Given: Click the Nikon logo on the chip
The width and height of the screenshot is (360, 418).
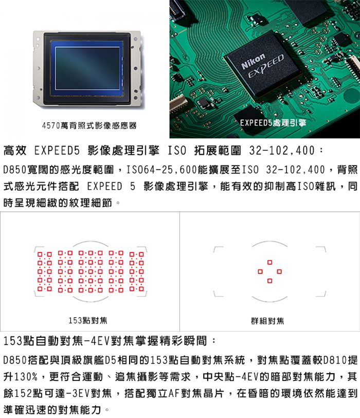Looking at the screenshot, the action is [253, 61].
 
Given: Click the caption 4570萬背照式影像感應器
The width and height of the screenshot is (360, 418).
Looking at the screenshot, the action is [89, 125].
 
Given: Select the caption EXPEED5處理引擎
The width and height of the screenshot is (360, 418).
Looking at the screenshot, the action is [273, 123].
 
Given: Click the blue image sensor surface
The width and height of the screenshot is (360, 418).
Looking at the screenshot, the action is [87, 68].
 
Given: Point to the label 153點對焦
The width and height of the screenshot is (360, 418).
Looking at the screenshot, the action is [88, 320].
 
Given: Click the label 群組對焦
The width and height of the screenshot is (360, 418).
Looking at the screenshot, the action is [267, 321].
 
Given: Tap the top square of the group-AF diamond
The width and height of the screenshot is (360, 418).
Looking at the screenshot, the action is [269, 262].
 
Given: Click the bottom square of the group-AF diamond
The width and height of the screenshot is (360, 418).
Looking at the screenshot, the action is [269, 281].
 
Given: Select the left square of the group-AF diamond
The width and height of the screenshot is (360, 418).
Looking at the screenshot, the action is [260, 271].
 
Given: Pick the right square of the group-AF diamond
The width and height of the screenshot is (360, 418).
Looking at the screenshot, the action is [279, 271].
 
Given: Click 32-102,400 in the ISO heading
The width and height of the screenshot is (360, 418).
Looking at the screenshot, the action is [282, 151].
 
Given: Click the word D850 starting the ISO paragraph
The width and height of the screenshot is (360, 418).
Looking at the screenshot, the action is [15, 170].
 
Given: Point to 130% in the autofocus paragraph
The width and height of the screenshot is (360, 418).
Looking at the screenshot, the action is [26, 377].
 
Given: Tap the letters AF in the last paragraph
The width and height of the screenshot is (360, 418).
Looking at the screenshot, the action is [174, 393].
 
